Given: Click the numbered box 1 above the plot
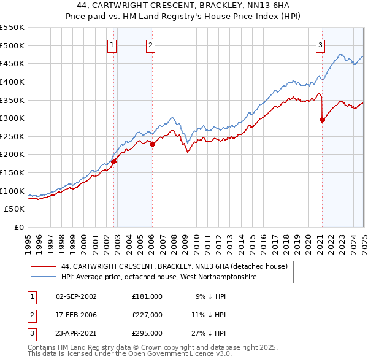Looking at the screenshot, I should (x=113, y=44).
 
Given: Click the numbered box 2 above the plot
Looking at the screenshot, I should (x=150, y=44).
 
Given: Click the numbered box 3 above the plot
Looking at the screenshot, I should (x=321, y=44).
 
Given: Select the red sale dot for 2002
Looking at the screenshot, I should (x=113, y=161).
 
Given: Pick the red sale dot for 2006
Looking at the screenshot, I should (x=152, y=144).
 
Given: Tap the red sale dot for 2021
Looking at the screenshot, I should (x=322, y=120).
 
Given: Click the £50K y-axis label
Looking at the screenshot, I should (x=15, y=209).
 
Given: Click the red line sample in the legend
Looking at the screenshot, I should (x=44, y=266).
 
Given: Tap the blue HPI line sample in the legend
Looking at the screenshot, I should (x=44, y=277).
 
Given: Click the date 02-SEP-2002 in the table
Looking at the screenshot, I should (x=76, y=296).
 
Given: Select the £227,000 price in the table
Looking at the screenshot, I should (x=147, y=315).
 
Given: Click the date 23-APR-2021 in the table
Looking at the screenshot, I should (x=76, y=334).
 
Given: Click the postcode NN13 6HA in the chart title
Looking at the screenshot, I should (x=269, y=6).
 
